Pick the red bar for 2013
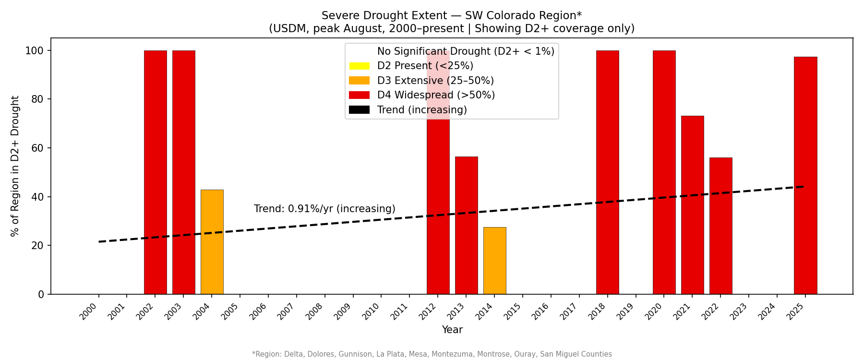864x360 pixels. (x=466, y=225)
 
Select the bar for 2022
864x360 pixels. (x=720, y=226)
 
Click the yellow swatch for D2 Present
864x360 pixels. (x=359, y=66)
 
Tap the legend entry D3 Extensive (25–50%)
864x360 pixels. (x=435, y=81)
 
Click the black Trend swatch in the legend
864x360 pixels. (x=359, y=110)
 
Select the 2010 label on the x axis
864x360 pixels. (x=377, y=312)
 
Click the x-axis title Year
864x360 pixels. (x=452, y=330)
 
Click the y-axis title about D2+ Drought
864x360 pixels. (x=15, y=166)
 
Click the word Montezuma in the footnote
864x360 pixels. (x=449, y=354)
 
